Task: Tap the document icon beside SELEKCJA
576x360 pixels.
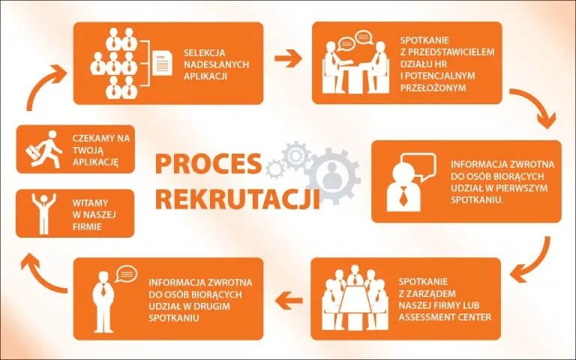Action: (x=163, y=62)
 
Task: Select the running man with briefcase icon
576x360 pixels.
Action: (x=44, y=148)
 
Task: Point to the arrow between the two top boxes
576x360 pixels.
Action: (x=287, y=58)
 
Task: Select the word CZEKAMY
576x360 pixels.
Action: (x=94, y=139)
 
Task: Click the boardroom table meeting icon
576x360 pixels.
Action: (x=352, y=297)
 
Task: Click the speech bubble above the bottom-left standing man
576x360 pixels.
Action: (x=126, y=274)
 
